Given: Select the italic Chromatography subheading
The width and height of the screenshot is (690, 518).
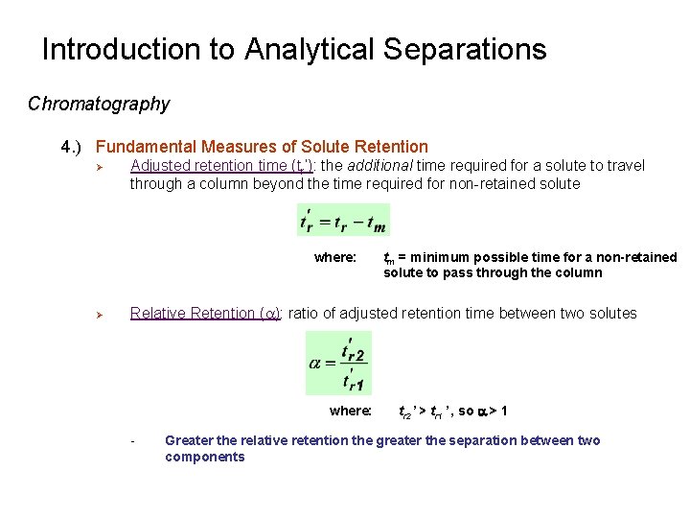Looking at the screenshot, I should (99, 104).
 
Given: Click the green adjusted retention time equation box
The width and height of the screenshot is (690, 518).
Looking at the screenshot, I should (343, 220).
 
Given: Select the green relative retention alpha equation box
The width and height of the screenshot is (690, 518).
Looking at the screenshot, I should (337, 363).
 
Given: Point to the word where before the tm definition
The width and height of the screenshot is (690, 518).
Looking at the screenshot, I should (334, 257).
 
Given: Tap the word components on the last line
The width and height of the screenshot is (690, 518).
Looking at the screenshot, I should (204, 457).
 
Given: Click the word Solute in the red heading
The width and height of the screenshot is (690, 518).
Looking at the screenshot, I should (324, 147).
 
